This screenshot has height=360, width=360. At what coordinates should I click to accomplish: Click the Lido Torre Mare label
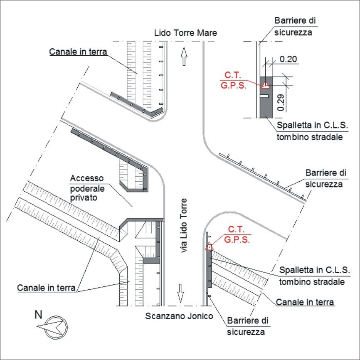185,33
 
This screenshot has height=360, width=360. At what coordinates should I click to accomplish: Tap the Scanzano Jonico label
179,316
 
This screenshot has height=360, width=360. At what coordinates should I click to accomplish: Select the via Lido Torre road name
184,226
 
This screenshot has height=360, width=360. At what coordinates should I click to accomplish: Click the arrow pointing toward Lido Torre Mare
184,56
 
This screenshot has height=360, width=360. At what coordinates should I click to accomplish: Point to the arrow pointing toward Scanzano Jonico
181,293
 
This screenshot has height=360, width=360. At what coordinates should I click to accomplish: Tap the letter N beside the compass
38,315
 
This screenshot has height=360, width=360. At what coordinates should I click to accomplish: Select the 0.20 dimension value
288,59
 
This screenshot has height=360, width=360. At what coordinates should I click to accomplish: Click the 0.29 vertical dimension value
281,103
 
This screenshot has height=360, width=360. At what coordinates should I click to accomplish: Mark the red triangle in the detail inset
266,85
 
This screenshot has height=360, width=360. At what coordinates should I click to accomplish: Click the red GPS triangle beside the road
209,247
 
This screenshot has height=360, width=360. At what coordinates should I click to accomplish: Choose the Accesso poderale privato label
87,188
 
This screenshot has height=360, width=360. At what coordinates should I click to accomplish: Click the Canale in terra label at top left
78,52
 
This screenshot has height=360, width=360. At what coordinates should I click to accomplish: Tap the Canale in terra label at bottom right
305,302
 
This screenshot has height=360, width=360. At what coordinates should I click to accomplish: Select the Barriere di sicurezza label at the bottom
247,326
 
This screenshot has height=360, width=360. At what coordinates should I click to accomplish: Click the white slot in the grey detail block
264,96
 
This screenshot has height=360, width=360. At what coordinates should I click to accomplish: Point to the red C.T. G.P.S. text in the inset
233,80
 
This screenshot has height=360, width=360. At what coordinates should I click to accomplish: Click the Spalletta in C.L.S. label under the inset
313,126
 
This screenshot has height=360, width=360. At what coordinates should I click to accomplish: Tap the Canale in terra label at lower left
47,288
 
